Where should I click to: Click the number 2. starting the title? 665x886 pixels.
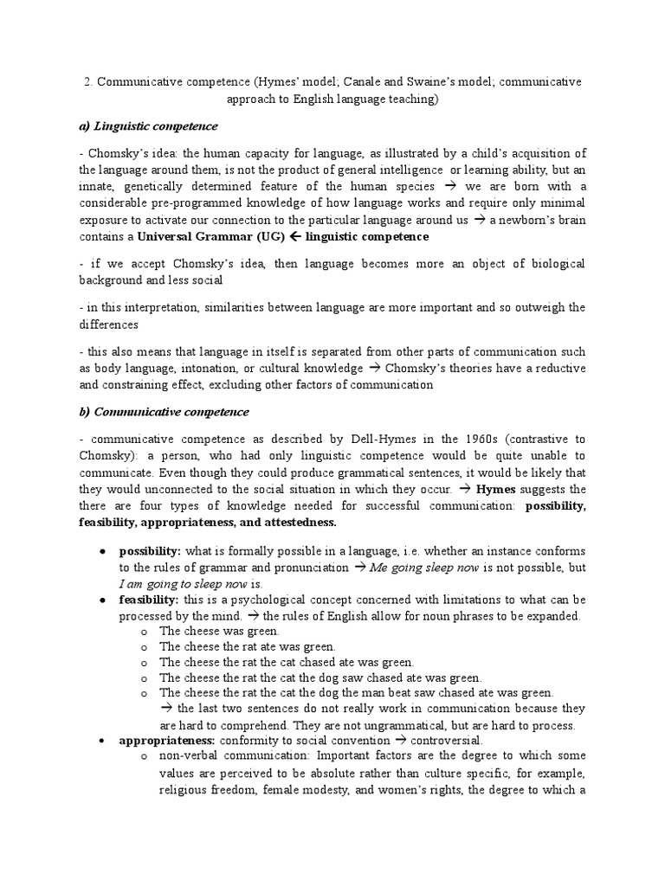[88, 81]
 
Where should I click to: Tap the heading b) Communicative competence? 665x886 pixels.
[164, 412]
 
